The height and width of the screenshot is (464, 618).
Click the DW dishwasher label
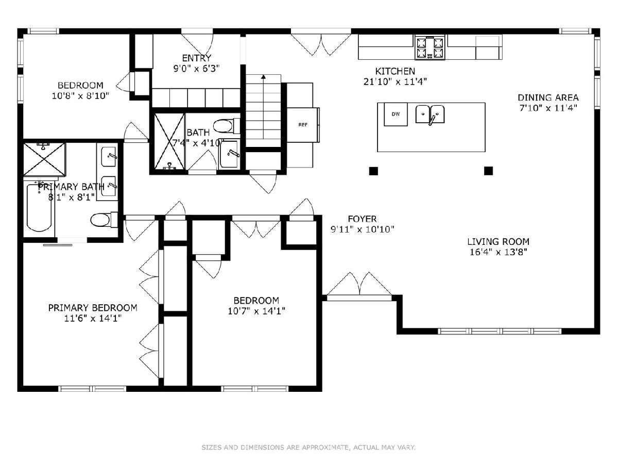396,114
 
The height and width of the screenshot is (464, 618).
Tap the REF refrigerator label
303,125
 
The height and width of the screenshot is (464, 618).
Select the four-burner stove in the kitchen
430,48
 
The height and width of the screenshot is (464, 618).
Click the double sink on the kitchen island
430,114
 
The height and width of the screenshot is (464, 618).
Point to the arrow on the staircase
263,107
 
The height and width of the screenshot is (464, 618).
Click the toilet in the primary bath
104,220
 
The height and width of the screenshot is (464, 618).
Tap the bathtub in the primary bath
39,208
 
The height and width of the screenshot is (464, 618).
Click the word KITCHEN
395,71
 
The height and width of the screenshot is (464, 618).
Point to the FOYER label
362,219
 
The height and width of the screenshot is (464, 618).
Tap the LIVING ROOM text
498,242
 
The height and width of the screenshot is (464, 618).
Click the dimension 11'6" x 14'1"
93,318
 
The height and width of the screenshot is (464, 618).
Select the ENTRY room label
197,58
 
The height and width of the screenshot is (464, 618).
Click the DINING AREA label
548,98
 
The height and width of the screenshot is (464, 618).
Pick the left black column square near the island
373,171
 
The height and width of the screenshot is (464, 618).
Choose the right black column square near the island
489,171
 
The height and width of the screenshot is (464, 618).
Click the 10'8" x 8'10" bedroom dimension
80,96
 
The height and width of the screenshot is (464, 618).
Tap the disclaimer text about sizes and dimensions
308,448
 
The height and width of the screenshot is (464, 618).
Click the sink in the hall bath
229,154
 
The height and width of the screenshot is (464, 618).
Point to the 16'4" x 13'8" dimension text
498,252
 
